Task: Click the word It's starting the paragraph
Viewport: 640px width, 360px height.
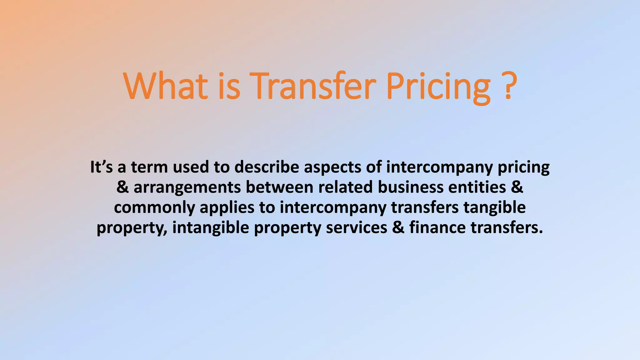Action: (101, 167)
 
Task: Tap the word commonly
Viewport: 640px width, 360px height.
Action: (154, 207)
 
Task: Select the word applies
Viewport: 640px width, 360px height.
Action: (227, 207)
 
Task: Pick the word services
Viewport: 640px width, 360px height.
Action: (357, 227)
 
